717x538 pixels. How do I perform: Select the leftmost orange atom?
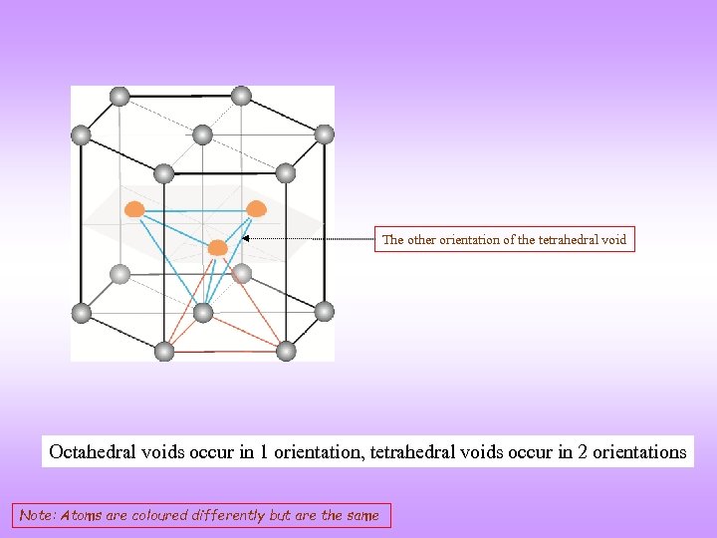tap(134, 209)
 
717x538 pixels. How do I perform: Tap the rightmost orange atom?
tap(256, 209)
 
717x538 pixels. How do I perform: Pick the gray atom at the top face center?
tap(202, 134)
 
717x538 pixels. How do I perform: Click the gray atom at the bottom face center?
tap(202, 313)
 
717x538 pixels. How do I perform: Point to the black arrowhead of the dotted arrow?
tap(247, 239)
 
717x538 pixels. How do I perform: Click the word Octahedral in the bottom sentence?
tap(91, 452)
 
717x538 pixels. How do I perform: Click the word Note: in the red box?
tap(38, 516)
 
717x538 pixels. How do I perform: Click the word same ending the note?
tap(360, 516)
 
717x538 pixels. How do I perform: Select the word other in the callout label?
tap(422, 240)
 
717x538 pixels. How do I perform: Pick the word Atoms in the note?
tap(80, 516)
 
